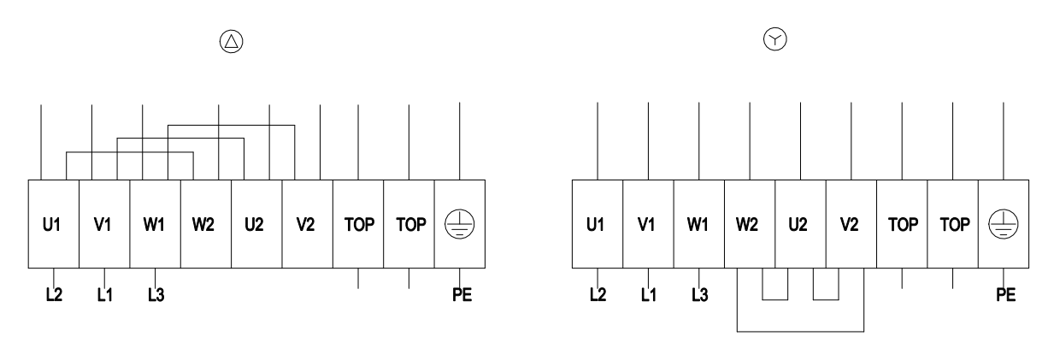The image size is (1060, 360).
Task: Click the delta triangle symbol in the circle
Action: click(x=232, y=42)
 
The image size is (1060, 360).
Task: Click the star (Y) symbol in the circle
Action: click(x=775, y=39)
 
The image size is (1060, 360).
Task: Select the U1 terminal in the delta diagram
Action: click(x=54, y=224)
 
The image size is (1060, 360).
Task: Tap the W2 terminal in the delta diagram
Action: click(x=206, y=224)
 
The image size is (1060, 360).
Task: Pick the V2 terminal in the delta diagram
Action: click(x=308, y=224)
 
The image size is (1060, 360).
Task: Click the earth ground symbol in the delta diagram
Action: click(x=460, y=224)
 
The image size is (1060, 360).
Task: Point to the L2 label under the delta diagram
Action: click(x=54, y=295)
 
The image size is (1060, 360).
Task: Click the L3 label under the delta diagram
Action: click(x=156, y=295)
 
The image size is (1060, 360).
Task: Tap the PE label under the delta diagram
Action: click(x=462, y=295)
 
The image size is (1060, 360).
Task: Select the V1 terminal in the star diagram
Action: click(x=648, y=224)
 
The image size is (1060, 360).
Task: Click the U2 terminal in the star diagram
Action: click(x=801, y=224)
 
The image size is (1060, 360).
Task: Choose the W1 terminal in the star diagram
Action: click(x=699, y=224)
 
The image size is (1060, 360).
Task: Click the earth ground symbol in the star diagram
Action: click(x=1004, y=224)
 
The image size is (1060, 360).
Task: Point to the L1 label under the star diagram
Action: click(x=649, y=295)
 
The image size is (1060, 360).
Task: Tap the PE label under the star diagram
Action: click(x=1005, y=295)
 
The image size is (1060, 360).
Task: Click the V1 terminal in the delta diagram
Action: click(x=104, y=224)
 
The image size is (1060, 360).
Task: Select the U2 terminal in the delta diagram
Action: click(x=257, y=224)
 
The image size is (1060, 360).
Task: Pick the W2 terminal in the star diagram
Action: click(x=750, y=224)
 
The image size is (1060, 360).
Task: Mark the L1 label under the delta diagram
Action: click(x=105, y=295)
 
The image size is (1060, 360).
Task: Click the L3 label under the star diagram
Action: click(x=700, y=295)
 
